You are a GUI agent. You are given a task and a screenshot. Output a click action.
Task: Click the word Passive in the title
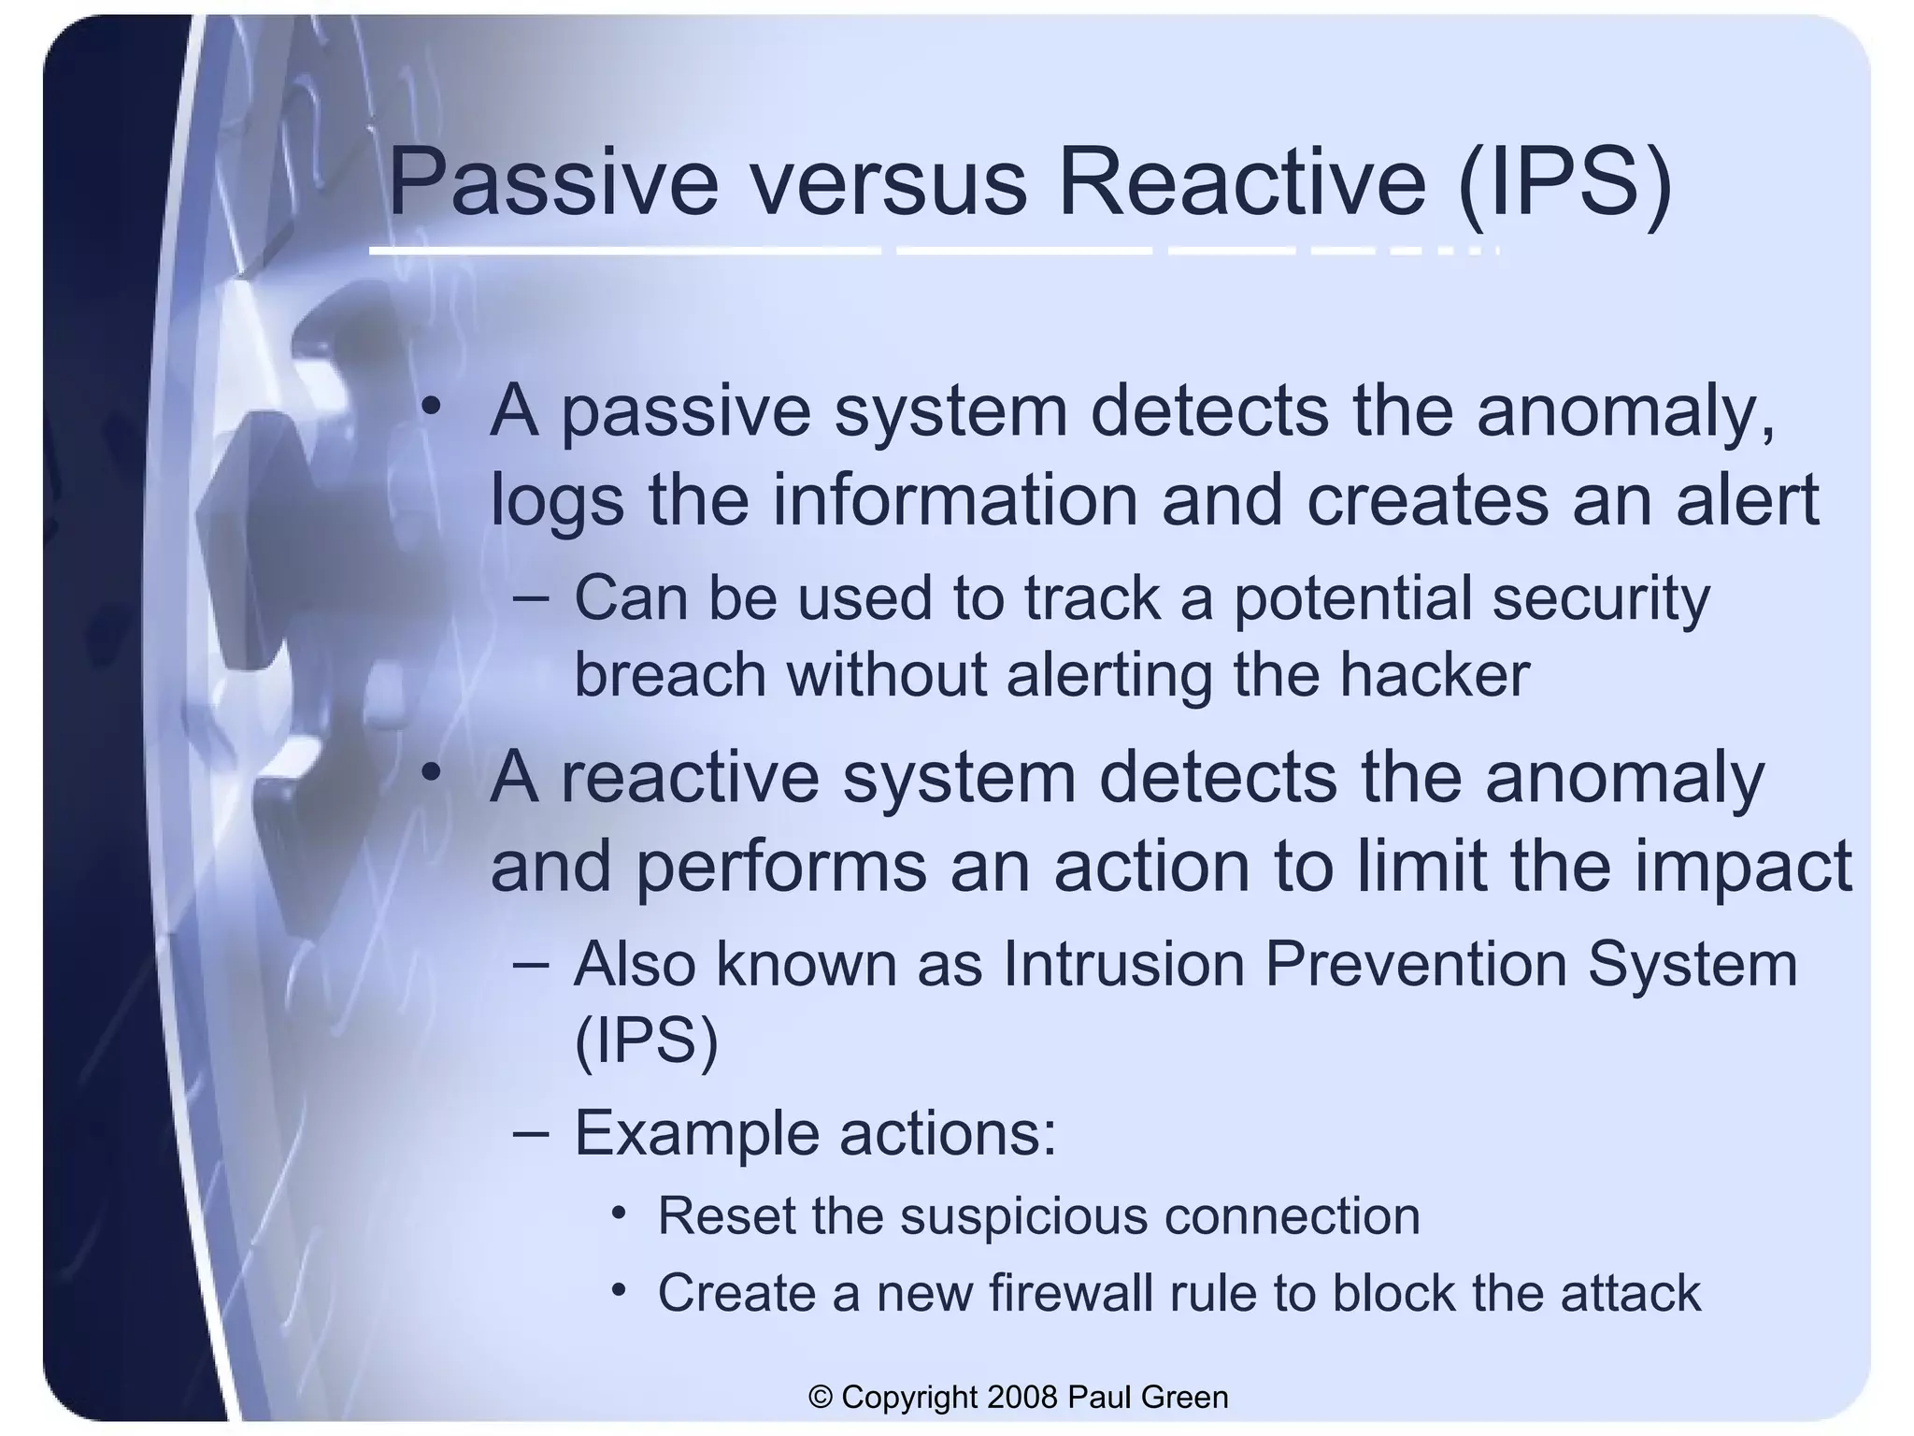[552, 182]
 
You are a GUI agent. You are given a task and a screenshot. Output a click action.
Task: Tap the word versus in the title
[888, 182]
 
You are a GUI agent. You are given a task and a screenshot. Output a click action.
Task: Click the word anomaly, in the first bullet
[1625, 411]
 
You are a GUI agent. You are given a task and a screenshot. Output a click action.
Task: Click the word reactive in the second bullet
[690, 777]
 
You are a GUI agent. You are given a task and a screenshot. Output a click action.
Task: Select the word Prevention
[1415, 964]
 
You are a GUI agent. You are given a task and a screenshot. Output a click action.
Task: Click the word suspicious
[1023, 1216]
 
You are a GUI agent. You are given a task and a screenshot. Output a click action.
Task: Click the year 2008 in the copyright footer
[1021, 1397]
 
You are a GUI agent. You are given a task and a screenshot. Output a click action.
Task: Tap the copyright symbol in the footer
[821, 1398]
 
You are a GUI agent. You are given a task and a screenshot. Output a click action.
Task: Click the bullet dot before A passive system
[430, 407]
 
